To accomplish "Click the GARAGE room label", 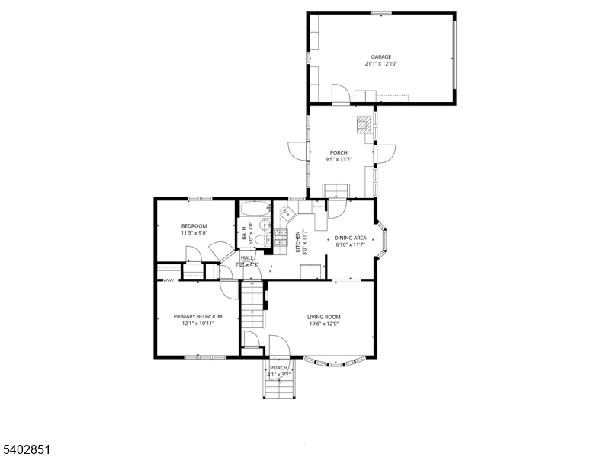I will (x=381, y=57).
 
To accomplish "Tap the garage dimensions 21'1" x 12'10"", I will (x=381, y=64).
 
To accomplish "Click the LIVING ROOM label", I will (x=324, y=317).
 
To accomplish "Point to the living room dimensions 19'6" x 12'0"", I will (x=324, y=324).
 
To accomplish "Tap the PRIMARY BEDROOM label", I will (x=197, y=317).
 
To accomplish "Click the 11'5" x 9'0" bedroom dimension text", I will (x=194, y=233).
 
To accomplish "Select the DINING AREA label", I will (x=350, y=238).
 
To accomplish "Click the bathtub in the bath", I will (x=253, y=208).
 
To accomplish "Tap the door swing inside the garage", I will (x=342, y=94).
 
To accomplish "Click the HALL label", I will (x=247, y=258).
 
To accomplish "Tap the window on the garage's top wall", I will (x=381, y=13).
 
